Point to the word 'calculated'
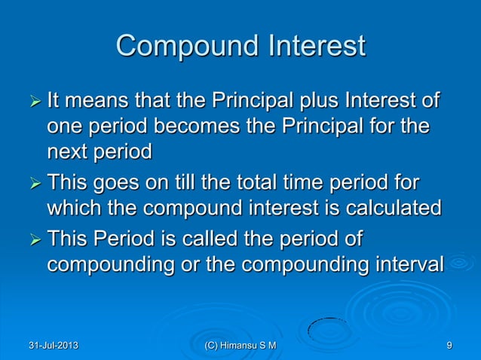(x=392, y=209)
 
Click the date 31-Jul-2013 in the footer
(x=51, y=346)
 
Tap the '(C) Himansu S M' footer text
(x=240, y=346)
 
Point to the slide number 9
(x=449, y=346)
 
